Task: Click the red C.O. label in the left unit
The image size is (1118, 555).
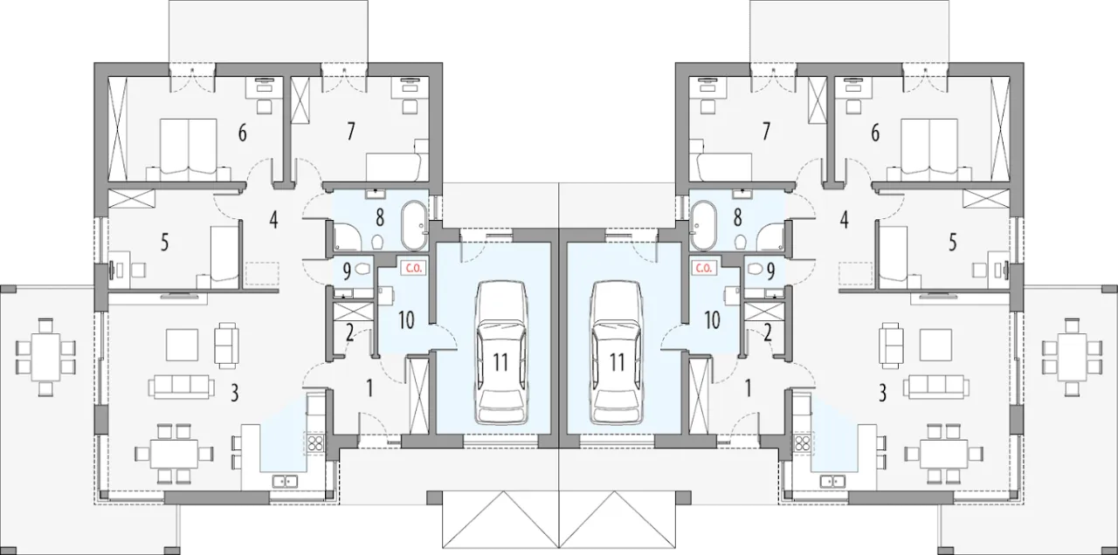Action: click(414, 268)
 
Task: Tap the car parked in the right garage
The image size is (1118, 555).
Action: click(617, 353)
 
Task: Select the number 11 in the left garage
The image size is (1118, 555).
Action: click(500, 362)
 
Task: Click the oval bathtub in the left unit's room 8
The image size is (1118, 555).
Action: click(414, 225)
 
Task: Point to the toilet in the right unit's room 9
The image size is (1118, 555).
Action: click(756, 269)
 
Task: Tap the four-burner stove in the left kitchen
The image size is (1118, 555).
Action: click(315, 442)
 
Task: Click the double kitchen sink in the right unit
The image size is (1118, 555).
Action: click(832, 481)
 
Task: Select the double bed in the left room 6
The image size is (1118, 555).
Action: click(188, 149)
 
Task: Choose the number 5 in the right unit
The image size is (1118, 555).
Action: click(953, 243)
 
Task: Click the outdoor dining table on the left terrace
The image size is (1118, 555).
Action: click(46, 357)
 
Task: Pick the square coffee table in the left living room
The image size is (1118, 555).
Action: click(183, 344)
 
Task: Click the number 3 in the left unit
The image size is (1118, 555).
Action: click(235, 394)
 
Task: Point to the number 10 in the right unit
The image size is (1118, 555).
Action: click(712, 320)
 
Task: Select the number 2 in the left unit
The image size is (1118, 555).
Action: click(349, 333)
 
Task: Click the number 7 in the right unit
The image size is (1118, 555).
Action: click(766, 132)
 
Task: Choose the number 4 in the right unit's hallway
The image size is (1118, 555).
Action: click(844, 219)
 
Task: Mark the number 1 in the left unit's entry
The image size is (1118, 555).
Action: click(369, 388)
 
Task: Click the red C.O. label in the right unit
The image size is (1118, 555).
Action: click(703, 268)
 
